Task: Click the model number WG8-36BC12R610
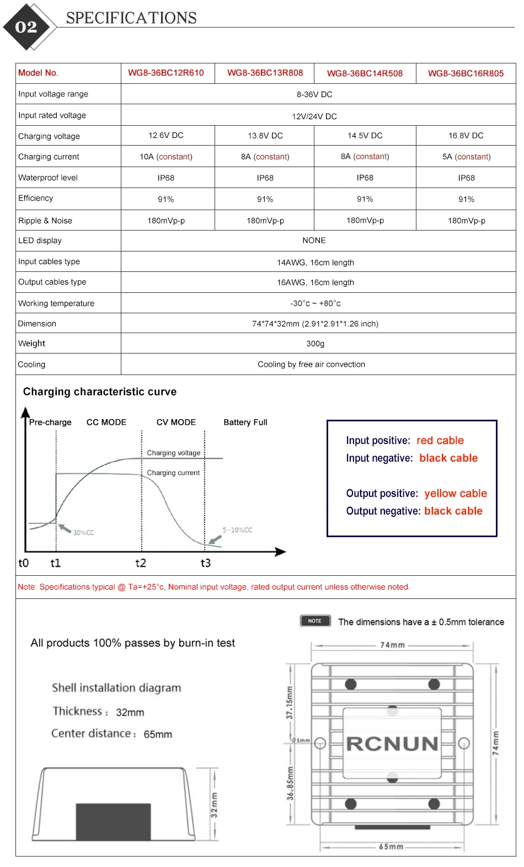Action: tap(166, 73)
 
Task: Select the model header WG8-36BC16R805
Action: tap(466, 73)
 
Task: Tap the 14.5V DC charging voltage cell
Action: tap(365, 136)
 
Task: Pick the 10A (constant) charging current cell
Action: tap(166, 157)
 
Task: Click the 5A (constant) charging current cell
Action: tap(466, 157)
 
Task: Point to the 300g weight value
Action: tap(316, 344)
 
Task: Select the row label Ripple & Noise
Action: tap(45, 221)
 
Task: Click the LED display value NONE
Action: tap(314, 240)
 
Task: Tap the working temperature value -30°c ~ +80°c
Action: tap(316, 303)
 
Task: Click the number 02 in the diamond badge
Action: tap(26, 27)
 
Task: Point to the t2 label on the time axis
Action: tap(141, 563)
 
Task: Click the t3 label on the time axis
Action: tap(205, 563)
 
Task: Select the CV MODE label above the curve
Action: tap(176, 422)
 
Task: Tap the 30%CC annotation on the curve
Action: tap(83, 533)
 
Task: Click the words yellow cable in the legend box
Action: tap(456, 494)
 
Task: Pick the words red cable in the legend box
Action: tap(440, 441)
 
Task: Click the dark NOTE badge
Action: tap(315, 621)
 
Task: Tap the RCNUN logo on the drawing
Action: tap(392, 744)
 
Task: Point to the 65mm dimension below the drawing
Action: tap(391, 847)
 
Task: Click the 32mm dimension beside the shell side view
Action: tap(214, 805)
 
